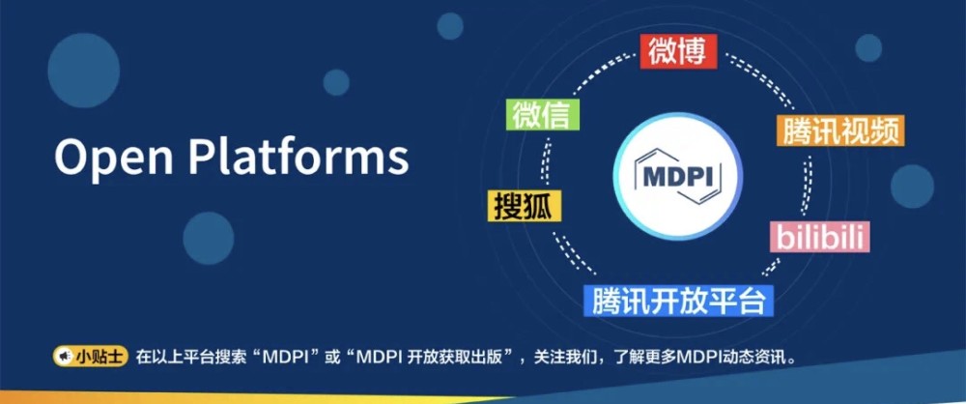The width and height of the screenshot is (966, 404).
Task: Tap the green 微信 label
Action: (545, 114)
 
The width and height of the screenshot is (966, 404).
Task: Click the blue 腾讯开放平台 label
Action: (680, 300)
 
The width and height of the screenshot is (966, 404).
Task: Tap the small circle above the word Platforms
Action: (336, 81)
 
